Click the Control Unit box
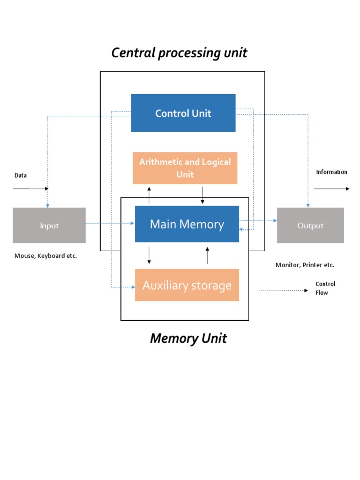[x=183, y=113]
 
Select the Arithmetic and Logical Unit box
[x=185, y=168]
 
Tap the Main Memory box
[x=187, y=224]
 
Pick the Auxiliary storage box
[x=187, y=285]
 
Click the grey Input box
[x=49, y=225]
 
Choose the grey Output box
[x=310, y=225]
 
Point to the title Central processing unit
[x=179, y=53]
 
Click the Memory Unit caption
[x=188, y=338]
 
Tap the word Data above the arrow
[x=21, y=175]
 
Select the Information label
[x=331, y=172]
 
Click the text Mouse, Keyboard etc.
[x=45, y=256]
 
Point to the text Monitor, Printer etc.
[x=305, y=265]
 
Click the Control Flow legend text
[x=325, y=288]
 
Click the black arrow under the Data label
[x=30, y=188]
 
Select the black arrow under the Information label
[x=331, y=188]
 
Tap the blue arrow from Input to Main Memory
[x=110, y=224]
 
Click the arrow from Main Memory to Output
[x=258, y=220]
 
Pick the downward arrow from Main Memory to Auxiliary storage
[x=149, y=255]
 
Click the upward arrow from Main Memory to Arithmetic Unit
[x=149, y=195]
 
